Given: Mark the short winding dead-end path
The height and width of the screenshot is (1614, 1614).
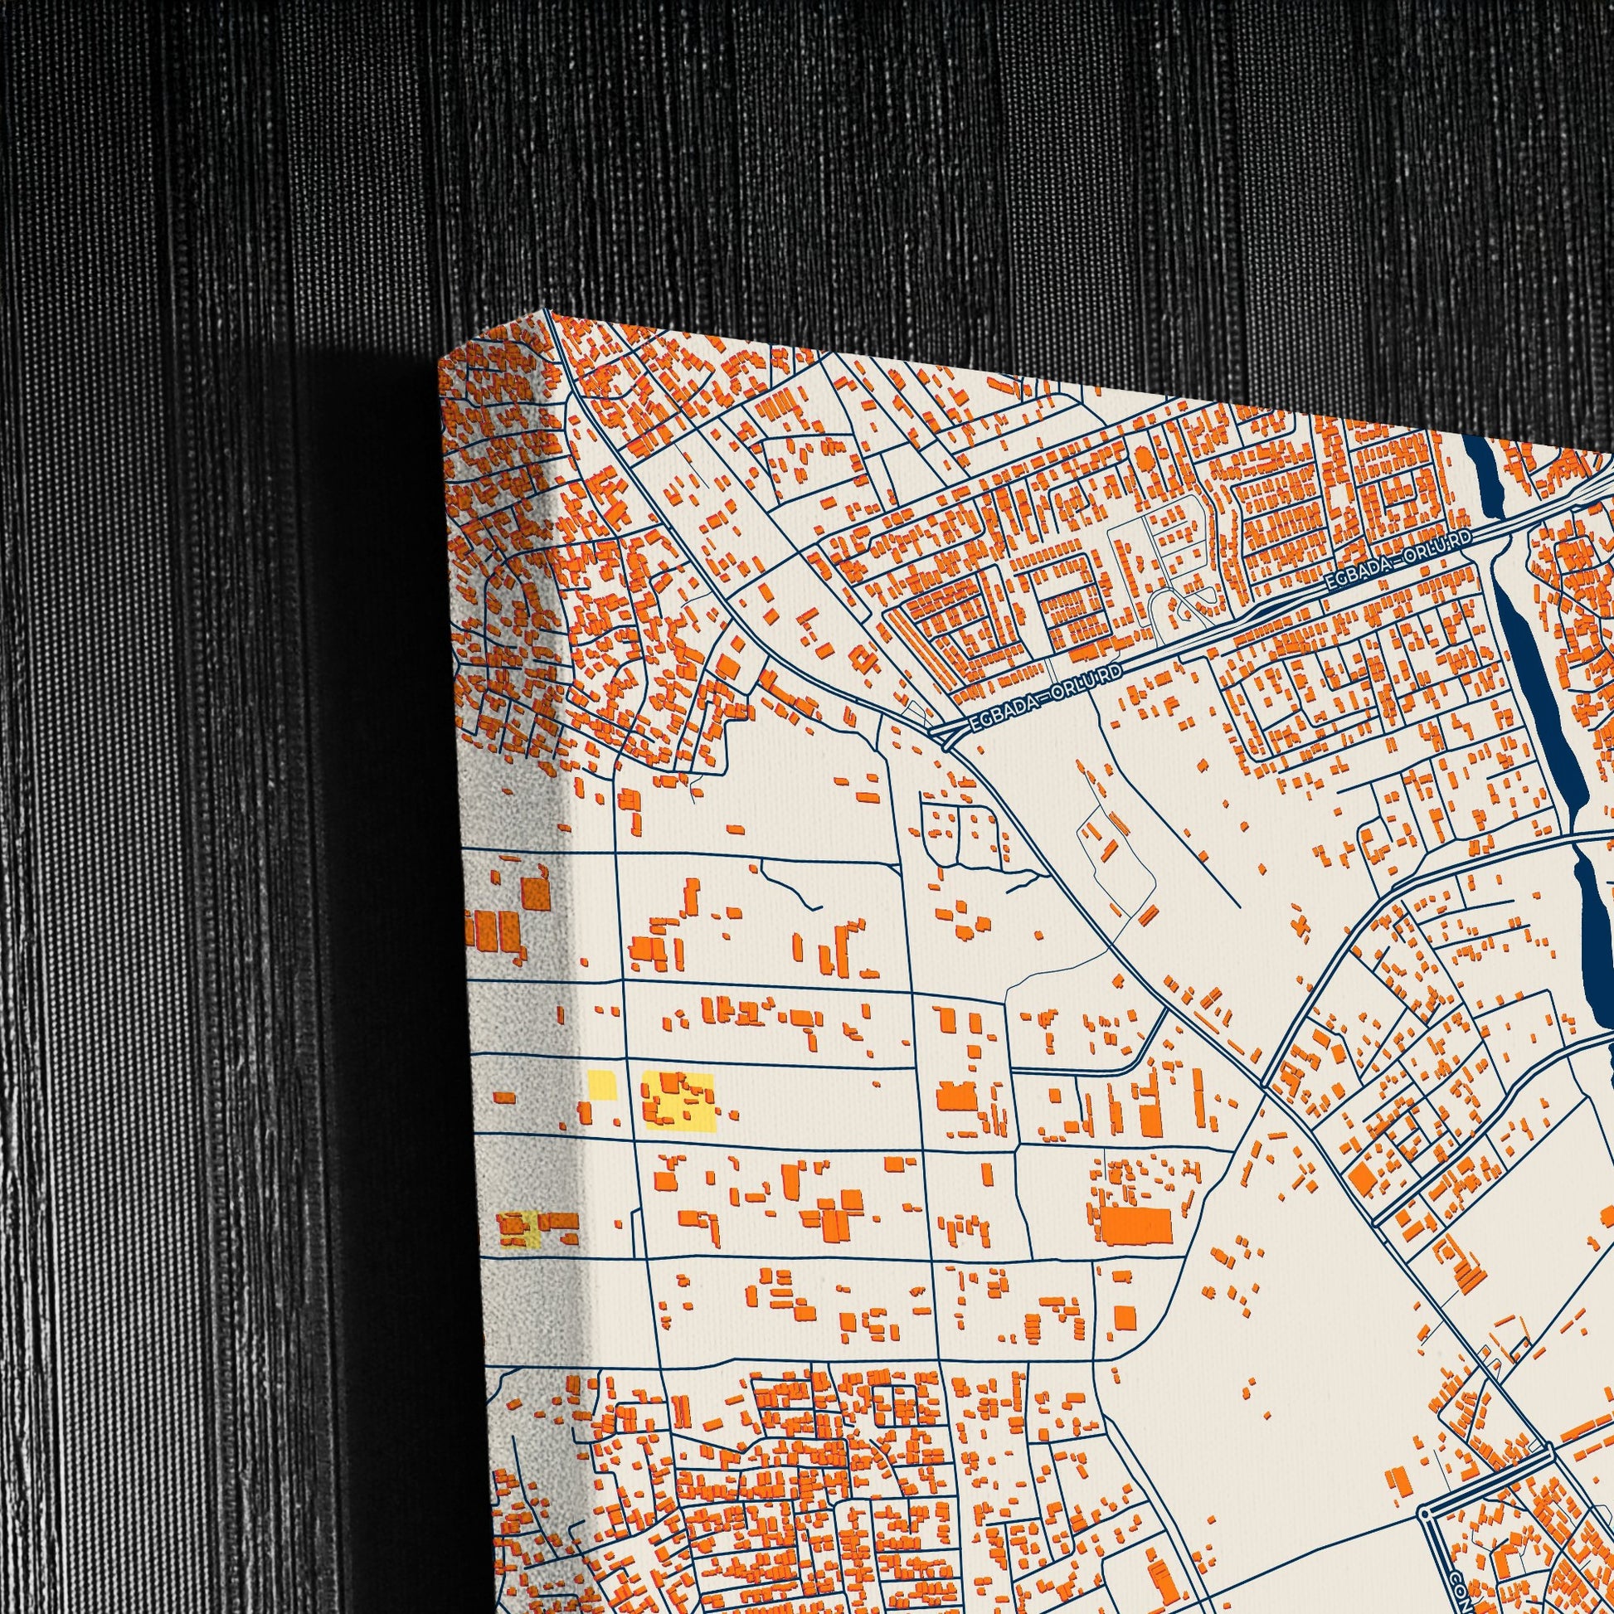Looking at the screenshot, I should pos(790,886).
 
